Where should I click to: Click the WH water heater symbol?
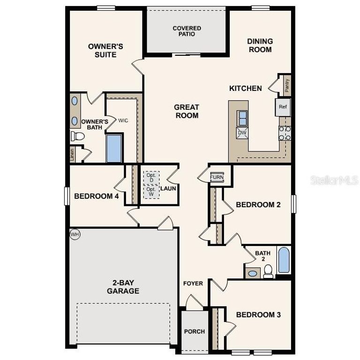pyautogui.click(x=75, y=233)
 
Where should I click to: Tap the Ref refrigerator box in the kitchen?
pyautogui.click(x=282, y=107)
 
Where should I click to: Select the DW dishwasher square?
pyautogui.click(x=242, y=133)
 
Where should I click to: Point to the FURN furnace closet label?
pyautogui.click(x=217, y=177)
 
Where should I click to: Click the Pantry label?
pyautogui.click(x=287, y=86)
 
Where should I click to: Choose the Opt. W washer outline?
pyautogui.click(x=151, y=192)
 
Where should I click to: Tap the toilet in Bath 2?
pyautogui.click(x=268, y=271)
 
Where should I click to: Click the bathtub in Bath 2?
pyautogui.click(x=284, y=261)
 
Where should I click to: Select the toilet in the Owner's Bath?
pyautogui.click(x=77, y=136)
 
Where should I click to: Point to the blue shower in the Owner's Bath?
pyautogui.click(x=114, y=148)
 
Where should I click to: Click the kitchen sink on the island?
pyautogui.click(x=242, y=117)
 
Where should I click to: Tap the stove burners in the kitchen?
pyautogui.click(x=285, y=133)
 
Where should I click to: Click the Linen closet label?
pyautogui.click(x=72, y=155)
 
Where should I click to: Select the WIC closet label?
pyautogui.click(x=123, y=120)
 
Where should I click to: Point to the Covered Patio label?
pyautogui.click(x=187, y=31)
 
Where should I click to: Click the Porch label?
pyautogui.click(x=194, y=331)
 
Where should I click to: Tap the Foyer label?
pyautogui.click(x=193, y=283)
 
